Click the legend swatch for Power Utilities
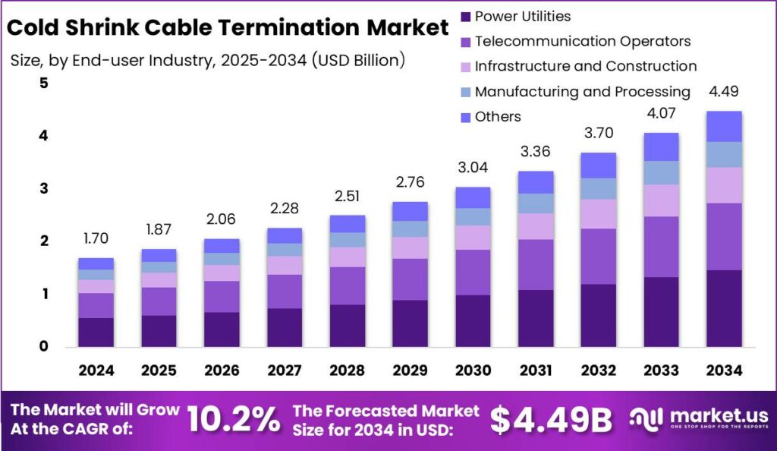click(x=465, y=16)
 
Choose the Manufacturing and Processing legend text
click(x=582, y=92)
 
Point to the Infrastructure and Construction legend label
click(x=585, y=67)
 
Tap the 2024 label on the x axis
click(x=96, y=371)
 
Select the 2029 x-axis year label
click(x=410, y=371)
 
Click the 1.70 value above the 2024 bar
click(x=96, y=238)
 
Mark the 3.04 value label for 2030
click(x=473, y=167)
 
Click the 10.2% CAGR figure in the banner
click(x=232, y=419)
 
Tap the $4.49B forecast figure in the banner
click(x=550, y=419)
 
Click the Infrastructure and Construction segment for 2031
click(x=535, y=226)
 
